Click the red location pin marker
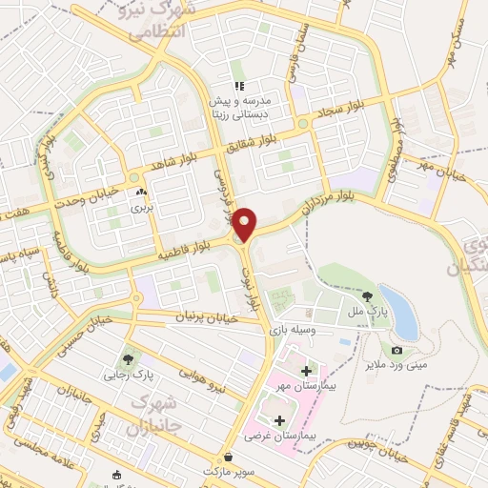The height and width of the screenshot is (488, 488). point(245,224)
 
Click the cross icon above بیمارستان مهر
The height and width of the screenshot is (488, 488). point(306,370)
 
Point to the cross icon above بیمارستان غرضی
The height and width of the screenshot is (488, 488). point(279,419)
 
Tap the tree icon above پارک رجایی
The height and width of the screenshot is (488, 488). point(128,359)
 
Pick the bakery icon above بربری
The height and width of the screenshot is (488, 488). point(141,193)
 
